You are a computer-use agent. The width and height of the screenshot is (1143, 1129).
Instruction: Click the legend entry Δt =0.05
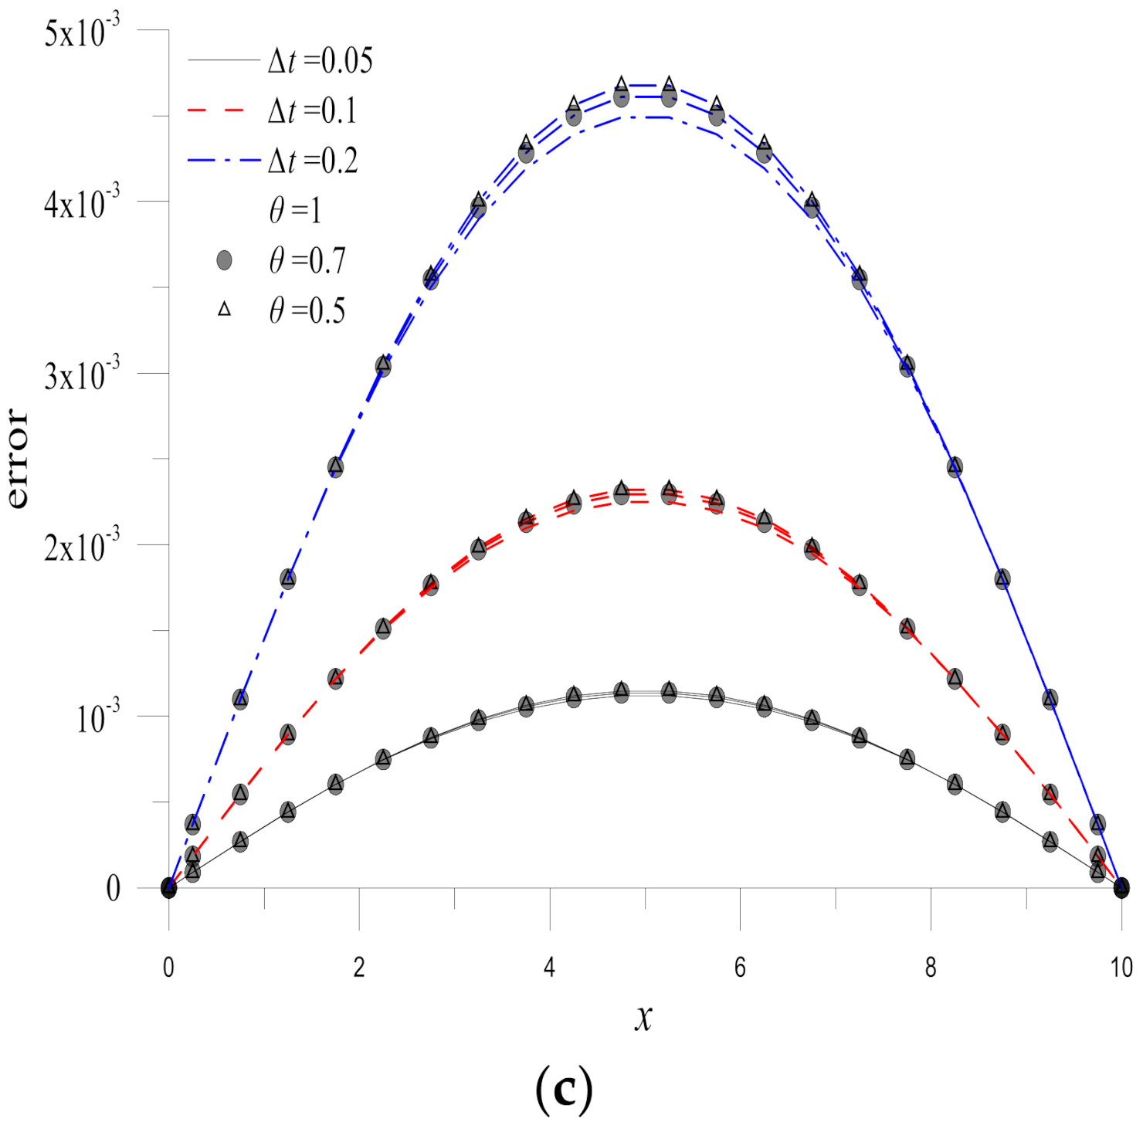(320, 61)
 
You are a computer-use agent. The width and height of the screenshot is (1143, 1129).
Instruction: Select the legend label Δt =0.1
(312, 111)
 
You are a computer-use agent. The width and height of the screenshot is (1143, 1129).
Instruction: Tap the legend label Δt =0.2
(313, 161)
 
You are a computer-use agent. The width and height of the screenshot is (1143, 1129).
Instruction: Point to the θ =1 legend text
(295, 210)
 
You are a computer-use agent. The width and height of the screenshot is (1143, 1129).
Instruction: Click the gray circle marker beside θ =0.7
(224, 260)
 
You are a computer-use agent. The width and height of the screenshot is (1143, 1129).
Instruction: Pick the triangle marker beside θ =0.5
(224, 310)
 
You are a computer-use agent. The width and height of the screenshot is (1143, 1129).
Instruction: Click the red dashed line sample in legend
(217, 111)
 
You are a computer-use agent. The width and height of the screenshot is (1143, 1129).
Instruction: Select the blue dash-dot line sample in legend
(222, 161)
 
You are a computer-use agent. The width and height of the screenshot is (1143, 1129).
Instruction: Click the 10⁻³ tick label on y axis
(98, 719)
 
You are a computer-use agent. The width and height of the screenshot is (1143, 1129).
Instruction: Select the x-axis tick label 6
(740, 967)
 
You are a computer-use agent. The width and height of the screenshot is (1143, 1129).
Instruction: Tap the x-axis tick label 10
(1121, 967)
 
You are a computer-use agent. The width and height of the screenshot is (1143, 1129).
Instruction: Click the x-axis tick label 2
(359, 967)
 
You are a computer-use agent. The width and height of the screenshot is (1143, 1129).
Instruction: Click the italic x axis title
(643, 1017)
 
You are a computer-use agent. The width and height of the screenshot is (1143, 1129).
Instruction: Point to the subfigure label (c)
(564, 1089)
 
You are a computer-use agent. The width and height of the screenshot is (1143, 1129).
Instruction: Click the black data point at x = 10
(1121, 887)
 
